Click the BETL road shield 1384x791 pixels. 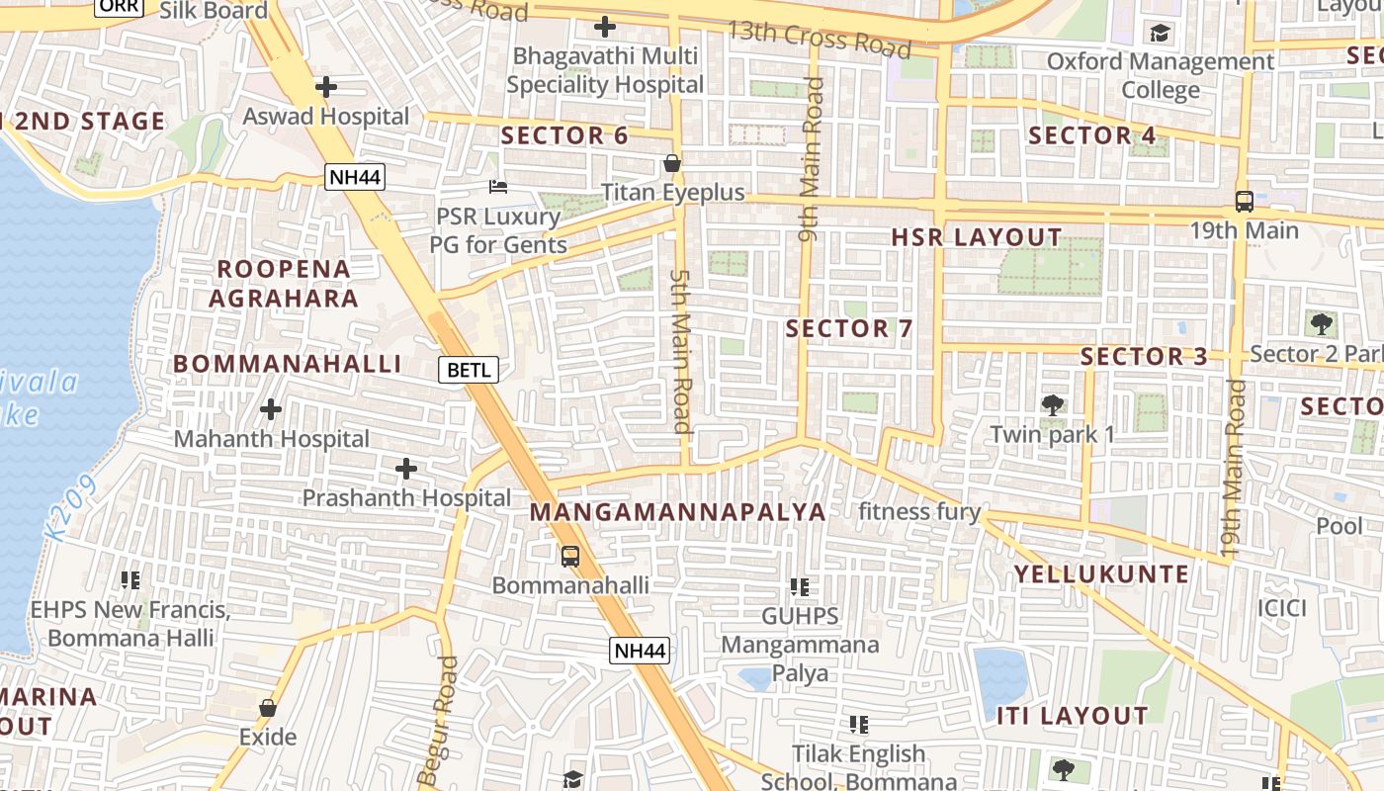click(x=469, y=370)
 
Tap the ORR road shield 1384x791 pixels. click(x=120, y=6)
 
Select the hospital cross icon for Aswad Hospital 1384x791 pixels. click(x=325, y=87)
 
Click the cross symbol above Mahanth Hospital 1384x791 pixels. click(x=270, y=408)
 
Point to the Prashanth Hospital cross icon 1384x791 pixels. click(x=405, y=469)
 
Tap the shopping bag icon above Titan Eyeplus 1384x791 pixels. click(x=672, y=163)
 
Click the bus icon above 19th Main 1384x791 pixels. click(x=1244, y=202)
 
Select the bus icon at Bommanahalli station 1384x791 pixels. click(x=570, y=556)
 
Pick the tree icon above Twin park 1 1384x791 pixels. click(x=1053, y=404)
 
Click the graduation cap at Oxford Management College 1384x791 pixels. click(x=1160, y=34)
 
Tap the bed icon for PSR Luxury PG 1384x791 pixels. click(x=498, y=187)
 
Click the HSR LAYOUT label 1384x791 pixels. click(x=976, y=237)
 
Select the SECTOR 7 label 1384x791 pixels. click(x=849, y=328)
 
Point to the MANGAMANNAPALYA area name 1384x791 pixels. click(x=677, y=511)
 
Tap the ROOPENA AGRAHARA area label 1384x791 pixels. click(x=284, y=283)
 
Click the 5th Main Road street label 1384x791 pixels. click(x=680, y=351)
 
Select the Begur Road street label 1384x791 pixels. click(x=439, y=720)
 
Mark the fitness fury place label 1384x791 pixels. click(x=918, y=511)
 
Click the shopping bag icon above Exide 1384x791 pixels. click(x=267, y=708)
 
